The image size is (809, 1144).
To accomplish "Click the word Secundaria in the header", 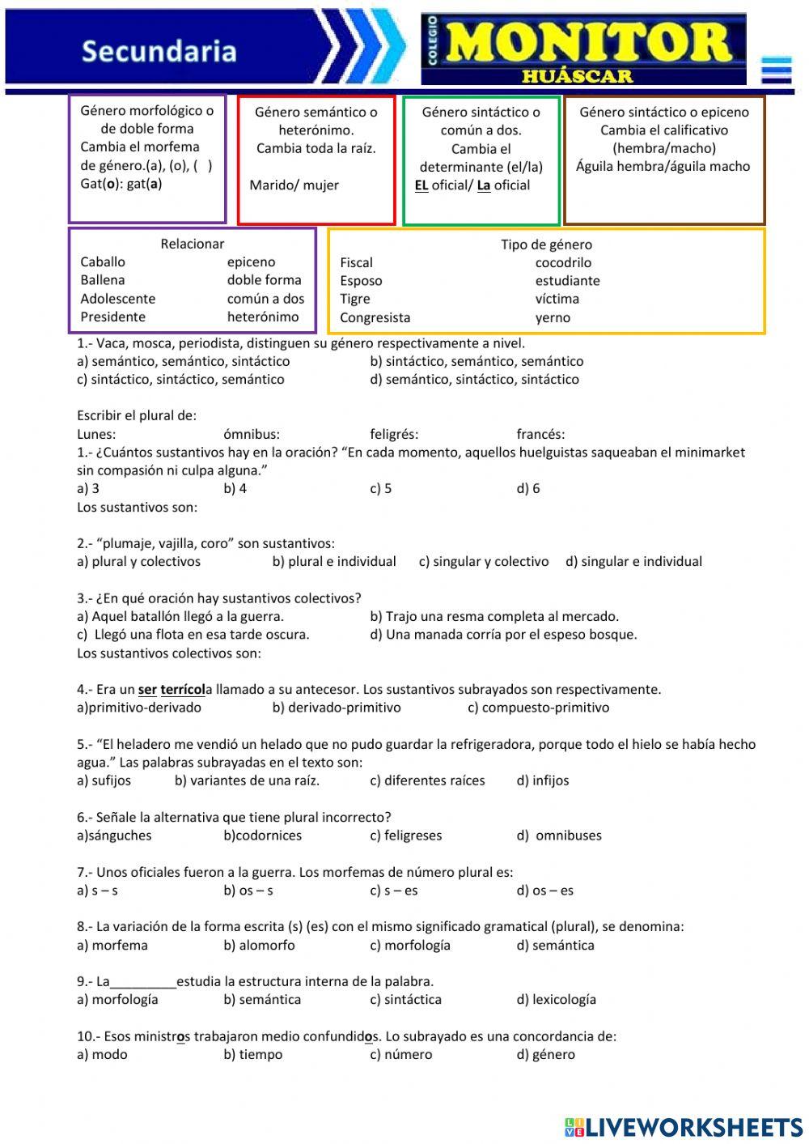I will click(159, 51).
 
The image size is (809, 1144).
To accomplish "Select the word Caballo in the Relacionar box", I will click(103, 262).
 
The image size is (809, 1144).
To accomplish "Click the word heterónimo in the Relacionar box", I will click(263, 317).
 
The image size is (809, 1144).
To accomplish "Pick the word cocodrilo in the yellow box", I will click(563, 262).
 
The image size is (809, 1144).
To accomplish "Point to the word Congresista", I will click(375, 317).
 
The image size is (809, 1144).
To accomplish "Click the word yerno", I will click(553, 317).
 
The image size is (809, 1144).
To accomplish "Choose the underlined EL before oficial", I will click(421, 185).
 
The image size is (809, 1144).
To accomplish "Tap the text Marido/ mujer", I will click(294, 185).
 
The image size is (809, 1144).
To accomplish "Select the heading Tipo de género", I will click(546, 245).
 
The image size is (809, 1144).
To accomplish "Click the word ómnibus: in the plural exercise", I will click(252, 434).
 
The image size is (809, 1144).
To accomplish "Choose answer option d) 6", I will click(528, 488).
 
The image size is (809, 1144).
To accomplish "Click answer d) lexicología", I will click(556, 999).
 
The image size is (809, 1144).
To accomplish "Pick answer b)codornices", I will click(262, 836).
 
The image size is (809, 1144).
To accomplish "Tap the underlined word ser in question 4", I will click(147, 690).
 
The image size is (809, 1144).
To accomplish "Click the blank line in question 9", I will click(143, 982).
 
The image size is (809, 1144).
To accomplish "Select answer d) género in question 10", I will click(545, 1054).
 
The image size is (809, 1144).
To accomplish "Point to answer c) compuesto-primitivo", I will click(538, 708).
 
